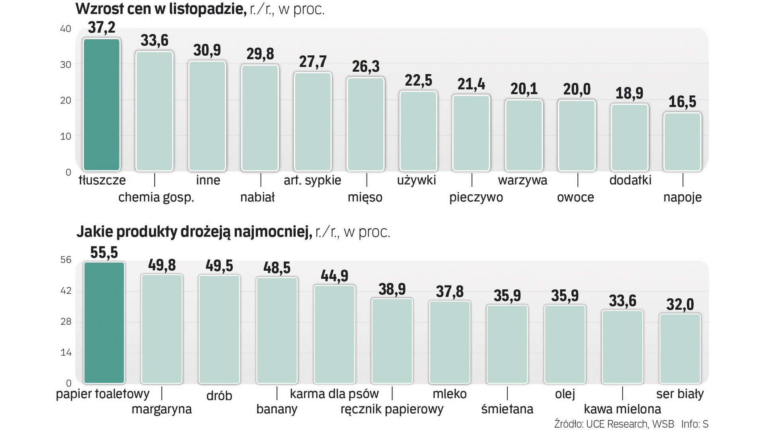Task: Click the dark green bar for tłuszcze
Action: click(x=102, y=105)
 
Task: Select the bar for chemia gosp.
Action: click(x=154, y=111)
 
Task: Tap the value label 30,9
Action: click(x=207, y=50)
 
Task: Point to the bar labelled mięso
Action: click(x=365, y=124)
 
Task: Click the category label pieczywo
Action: click(x=476, y=197)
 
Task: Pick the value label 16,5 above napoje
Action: click(x=682, y=102)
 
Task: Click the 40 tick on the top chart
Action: click(x=65, y=29)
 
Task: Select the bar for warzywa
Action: click(x=524, y=135)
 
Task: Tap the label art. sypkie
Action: click(x=312, y=180)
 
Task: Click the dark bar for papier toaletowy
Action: click(x=104, y=322)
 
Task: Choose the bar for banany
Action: click(x=277, y=330)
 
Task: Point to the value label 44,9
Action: click(x=334, y=276)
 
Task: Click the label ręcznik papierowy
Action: click(x=392, y=409)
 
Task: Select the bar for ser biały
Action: click(x=680, y=348)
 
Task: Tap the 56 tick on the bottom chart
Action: click(x=66, y=260)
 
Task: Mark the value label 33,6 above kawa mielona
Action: click(x=622, y=301)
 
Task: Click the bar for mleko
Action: click(x=449, y=342)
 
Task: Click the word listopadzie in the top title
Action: click(x=208, y=9)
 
